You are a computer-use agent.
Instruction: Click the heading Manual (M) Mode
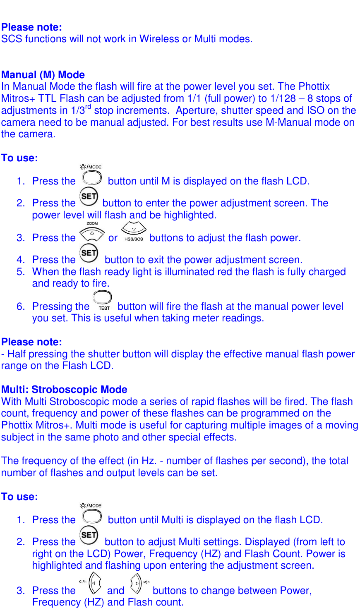coord(43,75)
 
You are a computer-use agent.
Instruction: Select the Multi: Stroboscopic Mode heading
coord(64,390)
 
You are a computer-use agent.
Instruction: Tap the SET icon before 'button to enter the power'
coord(89,197)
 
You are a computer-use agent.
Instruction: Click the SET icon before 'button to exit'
coord(89,254)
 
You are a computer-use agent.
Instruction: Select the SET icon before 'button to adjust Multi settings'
coord(89,536)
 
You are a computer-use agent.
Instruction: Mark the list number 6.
coord(21,306)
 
